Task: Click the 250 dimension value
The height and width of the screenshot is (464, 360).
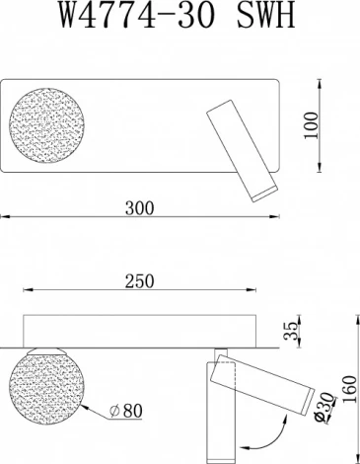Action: click(138, 281)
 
